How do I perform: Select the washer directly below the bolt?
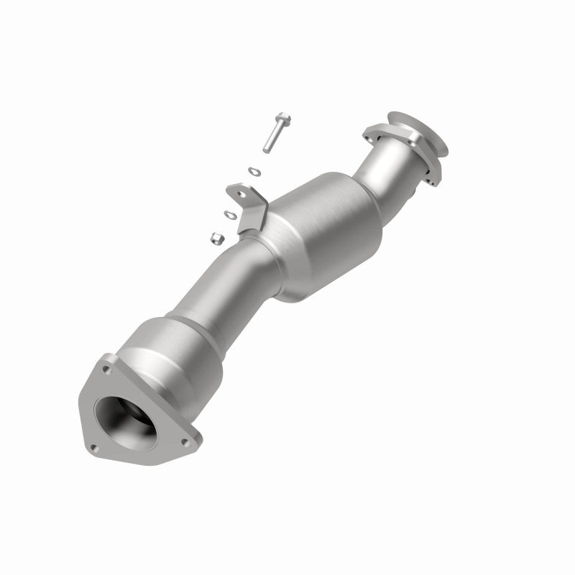253,170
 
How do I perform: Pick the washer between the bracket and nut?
230,213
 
